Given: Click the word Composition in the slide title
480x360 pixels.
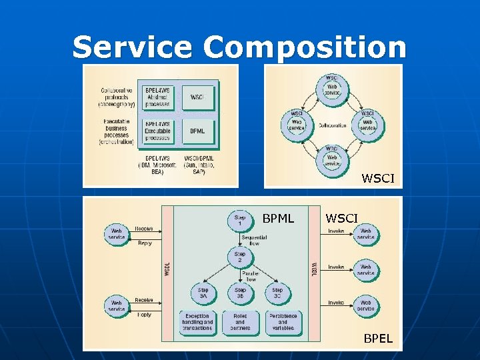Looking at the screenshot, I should click(x=305, y=47).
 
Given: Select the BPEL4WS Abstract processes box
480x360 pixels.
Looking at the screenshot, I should click(x=157, y=97).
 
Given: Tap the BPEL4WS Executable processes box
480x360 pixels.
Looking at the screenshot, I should click(x=157, y=131).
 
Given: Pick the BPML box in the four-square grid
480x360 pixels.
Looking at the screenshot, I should click(x=197, y=131).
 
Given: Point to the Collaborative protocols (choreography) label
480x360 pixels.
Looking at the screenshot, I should click(x=117, y=97).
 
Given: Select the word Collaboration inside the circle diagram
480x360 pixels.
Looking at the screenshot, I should click(x=332, y=125).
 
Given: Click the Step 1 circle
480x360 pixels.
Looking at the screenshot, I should click(x=240, y=221).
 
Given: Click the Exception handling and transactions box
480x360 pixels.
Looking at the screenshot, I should click(x=197, y=323).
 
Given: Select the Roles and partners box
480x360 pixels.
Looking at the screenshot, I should click(x=240, y=323).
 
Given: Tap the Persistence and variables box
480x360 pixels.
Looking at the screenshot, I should click(x=283, y=323).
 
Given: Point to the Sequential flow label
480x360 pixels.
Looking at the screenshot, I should click(x=255, y=240).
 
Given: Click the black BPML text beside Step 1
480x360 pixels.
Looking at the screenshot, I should click(x=278, y=218).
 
